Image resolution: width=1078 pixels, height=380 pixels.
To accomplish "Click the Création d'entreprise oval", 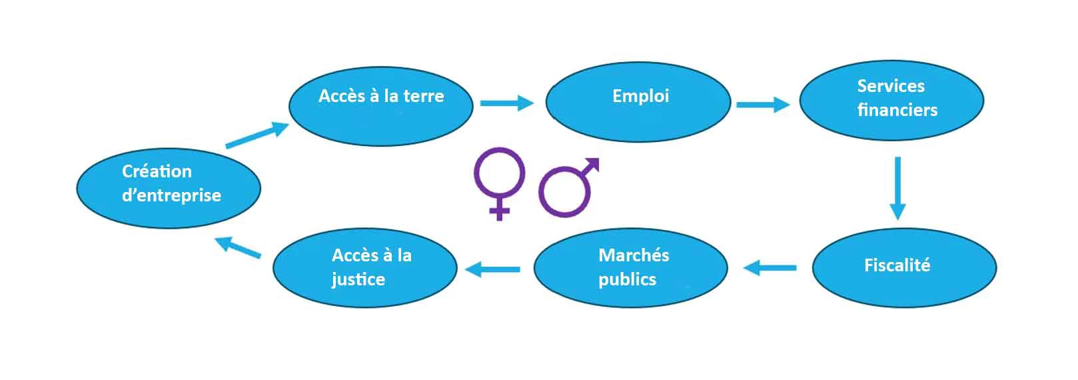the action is click(169, 188).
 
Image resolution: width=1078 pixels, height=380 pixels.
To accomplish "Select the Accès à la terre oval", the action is click(381, 106).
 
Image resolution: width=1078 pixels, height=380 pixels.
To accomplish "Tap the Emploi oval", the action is click(638, 102).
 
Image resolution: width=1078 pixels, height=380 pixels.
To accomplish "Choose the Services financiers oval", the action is click(891, 100).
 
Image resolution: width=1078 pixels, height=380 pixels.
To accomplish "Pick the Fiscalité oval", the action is click(904, 268).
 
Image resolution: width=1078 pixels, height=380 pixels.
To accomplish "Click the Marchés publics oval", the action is click(631, 268).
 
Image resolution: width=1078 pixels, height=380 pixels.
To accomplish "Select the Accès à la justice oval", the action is click(365, 268).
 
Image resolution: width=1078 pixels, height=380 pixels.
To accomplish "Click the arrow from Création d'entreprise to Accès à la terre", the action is click(257, 135).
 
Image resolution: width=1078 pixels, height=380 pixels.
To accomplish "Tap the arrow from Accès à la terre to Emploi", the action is click(507, 103).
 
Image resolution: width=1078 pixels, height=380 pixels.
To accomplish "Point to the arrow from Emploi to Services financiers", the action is click(764, 105).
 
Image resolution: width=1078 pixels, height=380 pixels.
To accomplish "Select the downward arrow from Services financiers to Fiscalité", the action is click(897, 188).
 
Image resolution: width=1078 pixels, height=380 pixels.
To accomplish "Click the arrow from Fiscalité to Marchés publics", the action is click(770, 268).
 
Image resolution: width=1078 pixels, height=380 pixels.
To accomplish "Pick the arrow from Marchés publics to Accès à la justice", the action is click(492, 269).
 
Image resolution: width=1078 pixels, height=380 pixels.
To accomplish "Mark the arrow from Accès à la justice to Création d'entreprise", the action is click(238, 247).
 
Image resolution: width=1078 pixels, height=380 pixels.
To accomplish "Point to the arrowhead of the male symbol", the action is click(592, 164).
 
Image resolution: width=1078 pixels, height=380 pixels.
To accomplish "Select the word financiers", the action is click(897, 110).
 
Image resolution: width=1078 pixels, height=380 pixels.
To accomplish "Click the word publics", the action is click(627, 280).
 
